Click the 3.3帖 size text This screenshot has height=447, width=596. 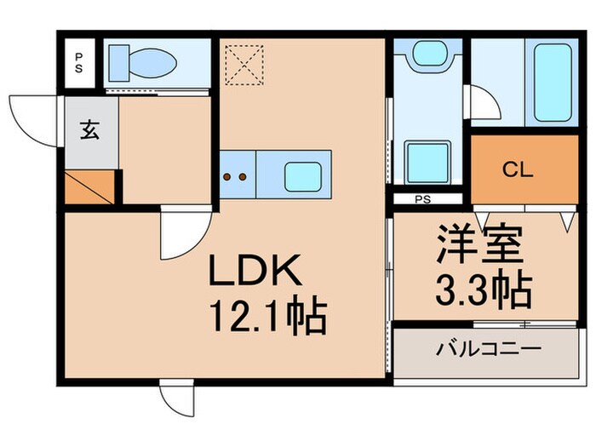click(477, 289)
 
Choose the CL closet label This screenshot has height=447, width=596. click(517, 169)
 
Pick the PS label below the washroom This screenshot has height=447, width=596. click(421, 201)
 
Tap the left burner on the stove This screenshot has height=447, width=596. click(227, 177)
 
